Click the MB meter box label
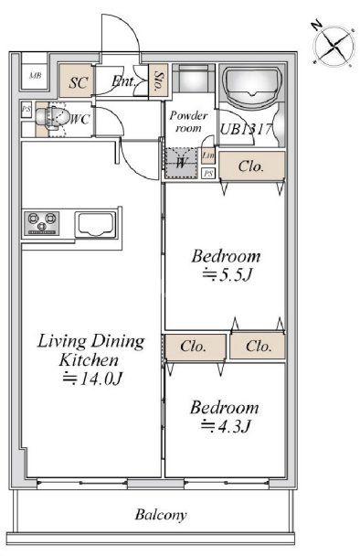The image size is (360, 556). [x=35, y=75]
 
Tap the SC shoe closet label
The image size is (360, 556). [x=79, y=82]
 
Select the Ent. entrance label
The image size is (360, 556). [x=123, y=81]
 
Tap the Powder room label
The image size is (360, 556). [x=188, y=122]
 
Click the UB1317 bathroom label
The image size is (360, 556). [x=246, y=129]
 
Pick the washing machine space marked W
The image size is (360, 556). [x=182, y=163]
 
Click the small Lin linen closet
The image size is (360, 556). [x=208, y=155]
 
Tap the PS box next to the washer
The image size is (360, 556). [x=208, y=174]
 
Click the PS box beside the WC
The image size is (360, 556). [x=26, y=110]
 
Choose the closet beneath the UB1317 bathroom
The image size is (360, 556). [x=251, y=166]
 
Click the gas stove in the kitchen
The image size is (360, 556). [x=42, y=223]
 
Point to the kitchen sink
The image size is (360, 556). [x=96, y=225]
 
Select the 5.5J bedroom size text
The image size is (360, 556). [x=228, y=275]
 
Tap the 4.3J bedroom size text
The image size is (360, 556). [x=227, y=425]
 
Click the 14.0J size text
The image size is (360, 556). [x=92, y=379]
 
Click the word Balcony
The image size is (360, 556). [x=161, y=515]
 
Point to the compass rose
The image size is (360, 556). [x=334, y=46]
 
